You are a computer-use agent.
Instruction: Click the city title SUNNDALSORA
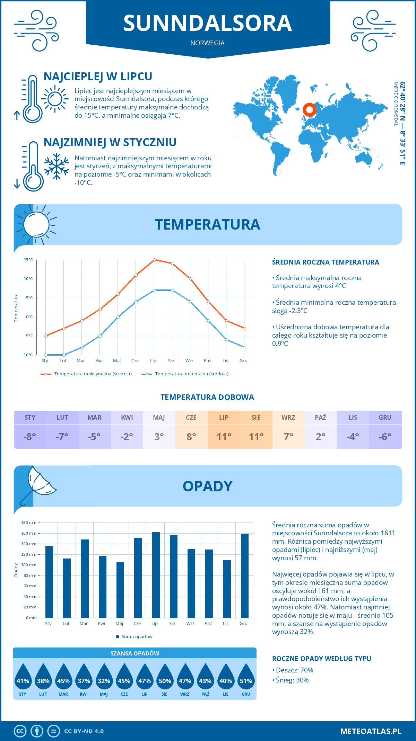click(207, 23)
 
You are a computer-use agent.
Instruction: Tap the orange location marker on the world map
click(309, 110)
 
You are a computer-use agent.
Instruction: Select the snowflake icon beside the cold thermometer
click(57, 166)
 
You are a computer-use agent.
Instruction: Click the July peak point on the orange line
click(154, 260)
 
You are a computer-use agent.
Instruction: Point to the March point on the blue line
click(82, 347)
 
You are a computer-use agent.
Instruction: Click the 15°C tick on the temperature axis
click(28, 260)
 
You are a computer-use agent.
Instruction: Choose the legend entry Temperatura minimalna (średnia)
click(191, 374)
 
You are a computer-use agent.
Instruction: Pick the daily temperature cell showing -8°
click(30, 437)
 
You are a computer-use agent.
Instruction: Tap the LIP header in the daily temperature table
click(224, 418)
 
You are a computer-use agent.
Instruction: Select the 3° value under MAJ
click(159, 437)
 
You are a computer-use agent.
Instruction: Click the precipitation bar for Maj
click(120, 590)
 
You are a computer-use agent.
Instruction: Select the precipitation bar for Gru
click(244, 576)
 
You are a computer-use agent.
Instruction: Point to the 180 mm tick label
click(29, 523)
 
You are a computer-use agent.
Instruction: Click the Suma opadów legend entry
click(137, 637)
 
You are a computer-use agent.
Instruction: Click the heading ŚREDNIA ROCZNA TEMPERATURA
click(325, 262)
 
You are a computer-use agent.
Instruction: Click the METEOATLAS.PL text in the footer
click(371, 731)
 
